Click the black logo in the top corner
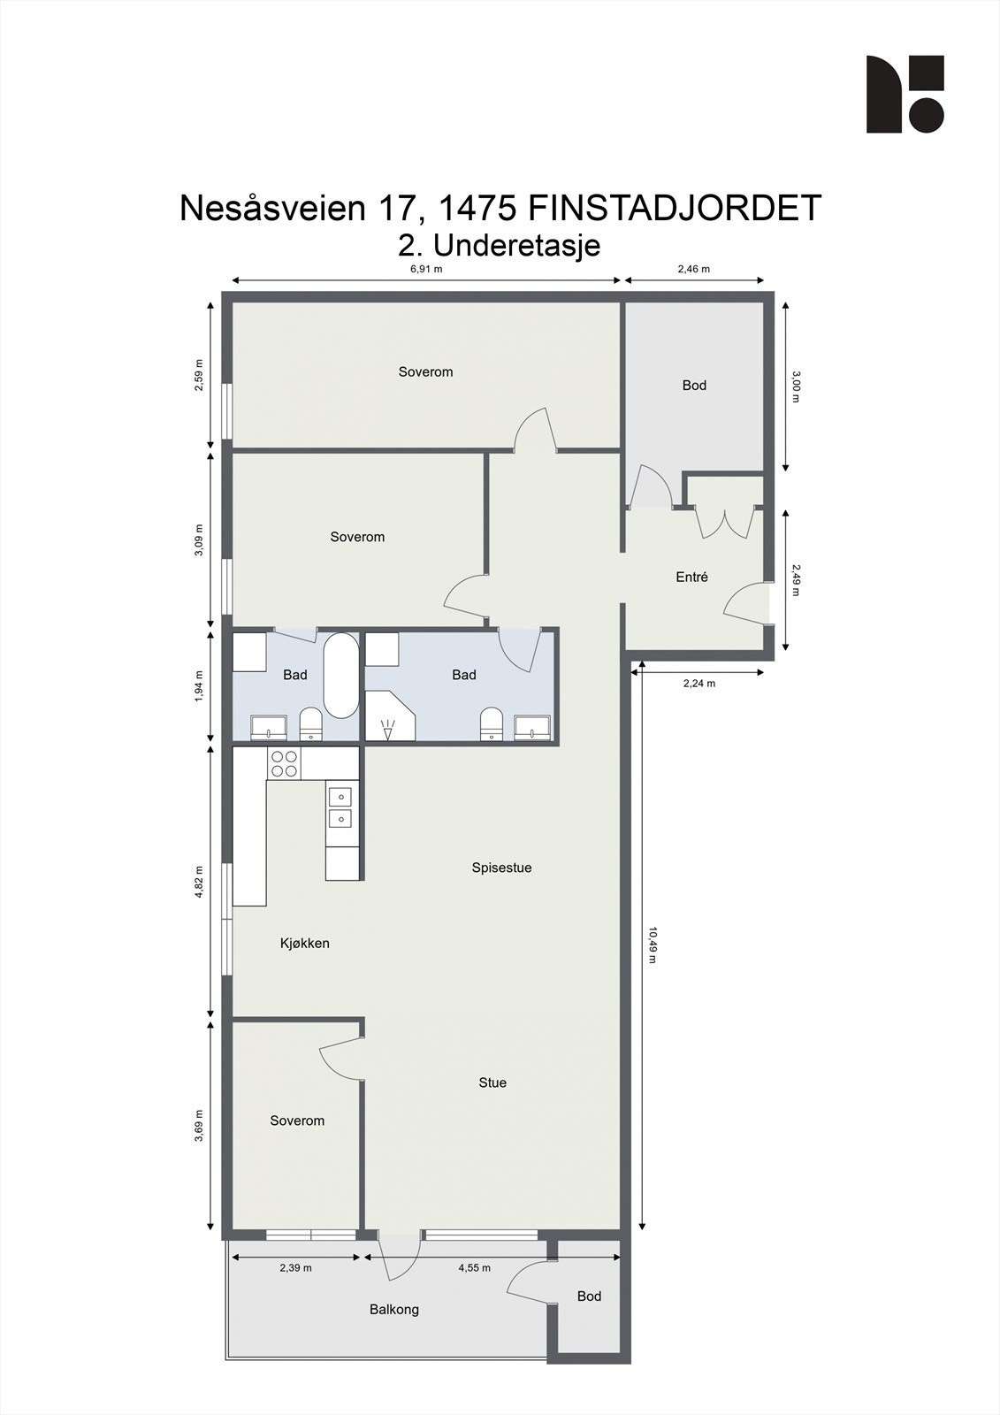(x=905, y=95)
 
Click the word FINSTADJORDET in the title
(x=675, y=209)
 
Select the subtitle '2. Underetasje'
(x=500, y=244)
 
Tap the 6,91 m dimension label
(x=426, y=269)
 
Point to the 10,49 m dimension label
(x=653, y=945)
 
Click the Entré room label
(x=691, y=577)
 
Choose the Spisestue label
(x=501, y=868)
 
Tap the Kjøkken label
(x=305, y=943)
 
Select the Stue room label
(x=492, y=1082)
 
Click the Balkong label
(x=394, y=1309)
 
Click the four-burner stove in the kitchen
(x=285, y=763)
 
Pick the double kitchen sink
(x=340, y=807)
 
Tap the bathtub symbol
(x=340, y=676)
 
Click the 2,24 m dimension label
(x=698, y=683)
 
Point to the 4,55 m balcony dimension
(x=474, y=1267)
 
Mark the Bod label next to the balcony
(x=589, y=1296)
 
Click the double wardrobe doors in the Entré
(x=725, y=523)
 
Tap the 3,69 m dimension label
(x=199, y=1126)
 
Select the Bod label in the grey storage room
(x=694, y=385)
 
